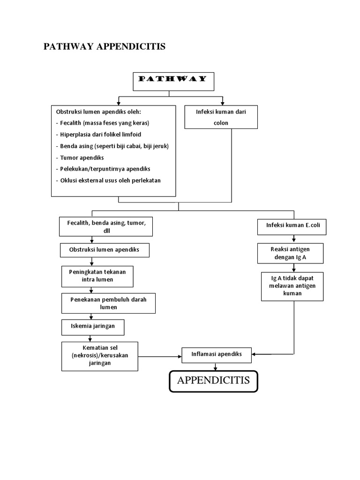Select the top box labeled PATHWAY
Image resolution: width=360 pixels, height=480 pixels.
173,81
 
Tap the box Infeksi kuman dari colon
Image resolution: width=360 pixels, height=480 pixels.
221,117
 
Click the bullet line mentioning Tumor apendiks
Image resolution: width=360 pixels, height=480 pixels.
82,157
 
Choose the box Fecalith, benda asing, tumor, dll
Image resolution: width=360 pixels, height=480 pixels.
105,226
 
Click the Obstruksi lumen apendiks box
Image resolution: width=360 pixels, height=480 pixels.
105,250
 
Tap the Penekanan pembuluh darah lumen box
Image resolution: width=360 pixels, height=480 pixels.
108,303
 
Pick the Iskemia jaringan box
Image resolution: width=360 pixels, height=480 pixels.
93,327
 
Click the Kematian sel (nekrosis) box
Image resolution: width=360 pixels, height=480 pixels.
100,356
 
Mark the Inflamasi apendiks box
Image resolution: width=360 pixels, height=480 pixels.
217,354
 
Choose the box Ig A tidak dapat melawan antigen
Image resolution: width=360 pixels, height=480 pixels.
292,286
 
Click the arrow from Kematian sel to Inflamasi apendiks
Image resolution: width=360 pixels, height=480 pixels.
160,356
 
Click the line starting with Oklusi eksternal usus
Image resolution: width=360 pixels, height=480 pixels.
108,180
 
